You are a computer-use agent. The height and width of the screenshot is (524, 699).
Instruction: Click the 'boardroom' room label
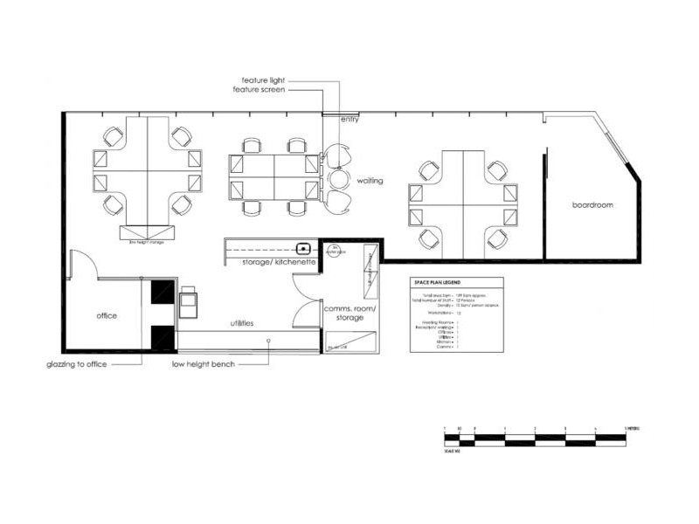point(592,205)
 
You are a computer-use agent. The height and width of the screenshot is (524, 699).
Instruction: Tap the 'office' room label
point(107,315)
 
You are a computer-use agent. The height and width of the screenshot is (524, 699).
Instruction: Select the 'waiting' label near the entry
point(371,181)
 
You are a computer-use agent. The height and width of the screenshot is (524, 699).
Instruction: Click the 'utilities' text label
point(242,323)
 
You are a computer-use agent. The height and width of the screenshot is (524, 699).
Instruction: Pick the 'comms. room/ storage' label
point(349,314)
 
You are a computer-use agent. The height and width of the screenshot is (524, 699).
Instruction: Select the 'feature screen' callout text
point(259,89)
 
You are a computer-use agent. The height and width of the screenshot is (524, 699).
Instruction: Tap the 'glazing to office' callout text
point(77,364)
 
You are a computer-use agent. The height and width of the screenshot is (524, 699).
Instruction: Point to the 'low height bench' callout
point(204,363)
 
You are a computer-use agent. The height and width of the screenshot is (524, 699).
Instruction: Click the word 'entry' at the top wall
point(350,120)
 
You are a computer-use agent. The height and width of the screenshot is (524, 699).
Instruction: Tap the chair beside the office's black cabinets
point(189,300)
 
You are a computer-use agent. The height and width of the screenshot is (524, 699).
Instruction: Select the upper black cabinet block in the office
point(163,292)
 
